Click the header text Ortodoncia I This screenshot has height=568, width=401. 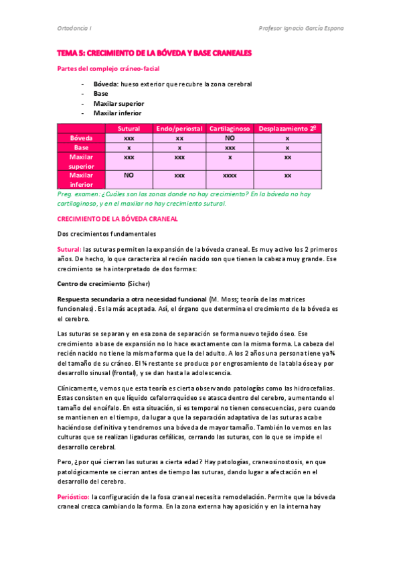pos(73,28)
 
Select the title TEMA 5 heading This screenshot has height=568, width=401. pos(154,52)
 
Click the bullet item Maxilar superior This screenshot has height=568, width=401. pos(118,103)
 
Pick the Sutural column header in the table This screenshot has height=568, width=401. pos(129,128)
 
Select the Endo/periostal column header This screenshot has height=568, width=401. pos(179,128)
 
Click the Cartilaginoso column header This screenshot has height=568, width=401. pos(230,128)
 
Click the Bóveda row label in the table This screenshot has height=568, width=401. pos(82,137)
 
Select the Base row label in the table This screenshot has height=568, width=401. pos(82,147)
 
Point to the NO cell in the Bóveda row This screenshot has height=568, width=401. pos(230,137)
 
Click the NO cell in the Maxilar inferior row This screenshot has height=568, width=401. pos(129,175)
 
